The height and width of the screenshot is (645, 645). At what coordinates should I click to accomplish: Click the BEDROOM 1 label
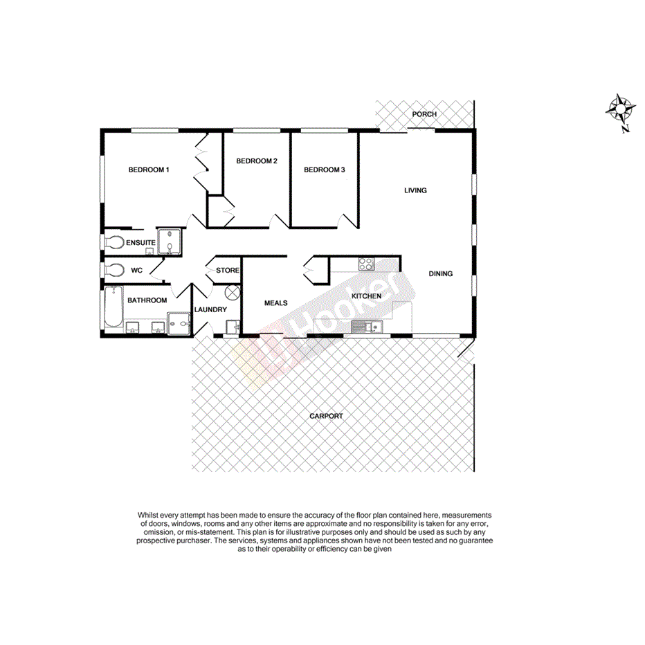pos(149,170)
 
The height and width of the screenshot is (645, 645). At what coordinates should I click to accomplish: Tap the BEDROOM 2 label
pos(257,161)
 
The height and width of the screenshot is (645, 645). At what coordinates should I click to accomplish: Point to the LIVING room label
pos(415,190)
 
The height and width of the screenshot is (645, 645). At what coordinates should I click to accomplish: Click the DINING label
pos(440,273)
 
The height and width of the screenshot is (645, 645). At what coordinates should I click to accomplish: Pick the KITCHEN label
pos(366,296)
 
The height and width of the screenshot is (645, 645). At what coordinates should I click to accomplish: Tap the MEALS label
pos(276,302)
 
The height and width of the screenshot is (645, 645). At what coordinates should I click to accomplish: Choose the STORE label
pos(228,271)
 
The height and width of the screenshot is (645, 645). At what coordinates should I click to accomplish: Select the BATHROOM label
pos(147,300)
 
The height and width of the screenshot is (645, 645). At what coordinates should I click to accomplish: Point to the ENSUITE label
pos(140,242)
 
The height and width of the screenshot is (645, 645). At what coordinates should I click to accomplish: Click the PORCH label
pos(424,114)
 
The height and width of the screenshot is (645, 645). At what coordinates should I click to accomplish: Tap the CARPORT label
pos(326,416)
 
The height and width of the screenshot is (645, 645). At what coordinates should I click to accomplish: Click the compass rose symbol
pos(621,109)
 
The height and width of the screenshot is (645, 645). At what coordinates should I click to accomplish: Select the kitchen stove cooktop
pos(365,264)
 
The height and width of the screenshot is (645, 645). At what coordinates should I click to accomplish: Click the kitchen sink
pos(362,327)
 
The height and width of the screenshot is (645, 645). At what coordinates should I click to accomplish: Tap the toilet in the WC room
pos(114,270)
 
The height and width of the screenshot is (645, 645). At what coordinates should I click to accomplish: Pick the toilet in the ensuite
pos(114,242)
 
